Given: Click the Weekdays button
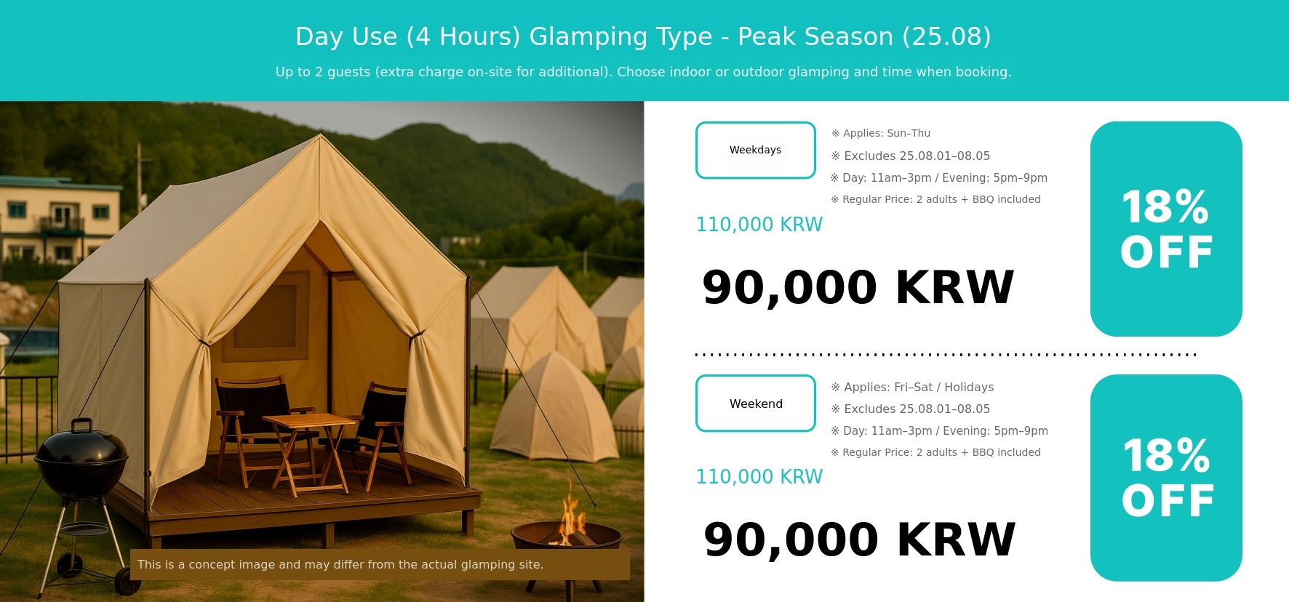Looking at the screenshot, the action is pos(755,150).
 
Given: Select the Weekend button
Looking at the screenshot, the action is pos(755,404).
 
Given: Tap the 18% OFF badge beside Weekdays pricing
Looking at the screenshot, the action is pos(1166,228).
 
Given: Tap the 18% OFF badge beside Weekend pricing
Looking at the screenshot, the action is pos(1166,478).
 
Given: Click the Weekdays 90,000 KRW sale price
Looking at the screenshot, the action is pos(858,287).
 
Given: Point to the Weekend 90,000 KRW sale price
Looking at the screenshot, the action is pos(859,539).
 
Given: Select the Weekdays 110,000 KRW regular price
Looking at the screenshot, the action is pos(759,225).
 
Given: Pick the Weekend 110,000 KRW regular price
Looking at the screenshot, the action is pos(759,477).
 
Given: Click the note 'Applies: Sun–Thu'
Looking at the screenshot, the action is pos(881,133).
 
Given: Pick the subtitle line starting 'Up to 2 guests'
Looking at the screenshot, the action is pos(643,72).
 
